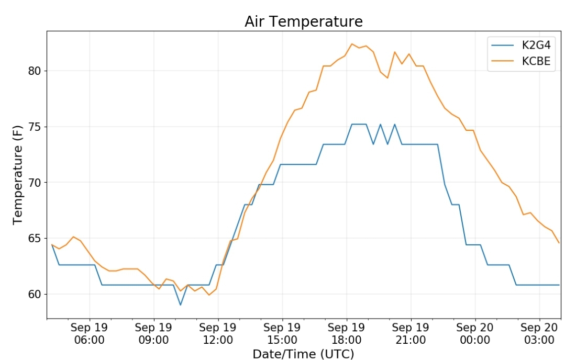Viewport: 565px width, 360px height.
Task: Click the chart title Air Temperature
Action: click(303, 21)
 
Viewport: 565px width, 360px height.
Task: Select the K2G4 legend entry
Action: click(521, 45)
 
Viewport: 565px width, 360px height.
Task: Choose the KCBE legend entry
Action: click(521, 61)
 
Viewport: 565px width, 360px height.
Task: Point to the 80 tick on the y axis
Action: click(35, 71)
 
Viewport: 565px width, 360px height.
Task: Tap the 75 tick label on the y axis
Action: click(35, 127)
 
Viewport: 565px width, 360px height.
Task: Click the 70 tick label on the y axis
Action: click(35, 183)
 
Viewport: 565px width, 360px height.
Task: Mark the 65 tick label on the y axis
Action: click(35, 238)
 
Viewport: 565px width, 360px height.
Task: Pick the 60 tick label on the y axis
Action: click(35, 294)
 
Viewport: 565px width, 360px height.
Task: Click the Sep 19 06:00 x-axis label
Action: click(90, 334)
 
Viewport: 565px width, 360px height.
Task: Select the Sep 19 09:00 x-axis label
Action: click(154, 334)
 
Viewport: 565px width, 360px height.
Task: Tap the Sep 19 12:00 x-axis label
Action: click(218, 334)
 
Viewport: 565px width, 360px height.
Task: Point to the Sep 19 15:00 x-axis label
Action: click(282, 334)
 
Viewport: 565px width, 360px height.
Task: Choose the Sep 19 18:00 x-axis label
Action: click(347, 334)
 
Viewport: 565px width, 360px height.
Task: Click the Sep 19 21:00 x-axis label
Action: click(411, 334)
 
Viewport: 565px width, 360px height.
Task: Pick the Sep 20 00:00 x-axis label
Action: click(475, 334)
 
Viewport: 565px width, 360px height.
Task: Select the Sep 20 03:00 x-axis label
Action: click(539, 334)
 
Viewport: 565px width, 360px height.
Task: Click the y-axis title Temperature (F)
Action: click(17, 175)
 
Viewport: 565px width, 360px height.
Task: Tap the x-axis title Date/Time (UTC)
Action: click(303, 354)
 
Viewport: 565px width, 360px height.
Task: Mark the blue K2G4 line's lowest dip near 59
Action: click(181, 305)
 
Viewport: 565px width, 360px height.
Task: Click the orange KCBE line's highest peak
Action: click(352, 44)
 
